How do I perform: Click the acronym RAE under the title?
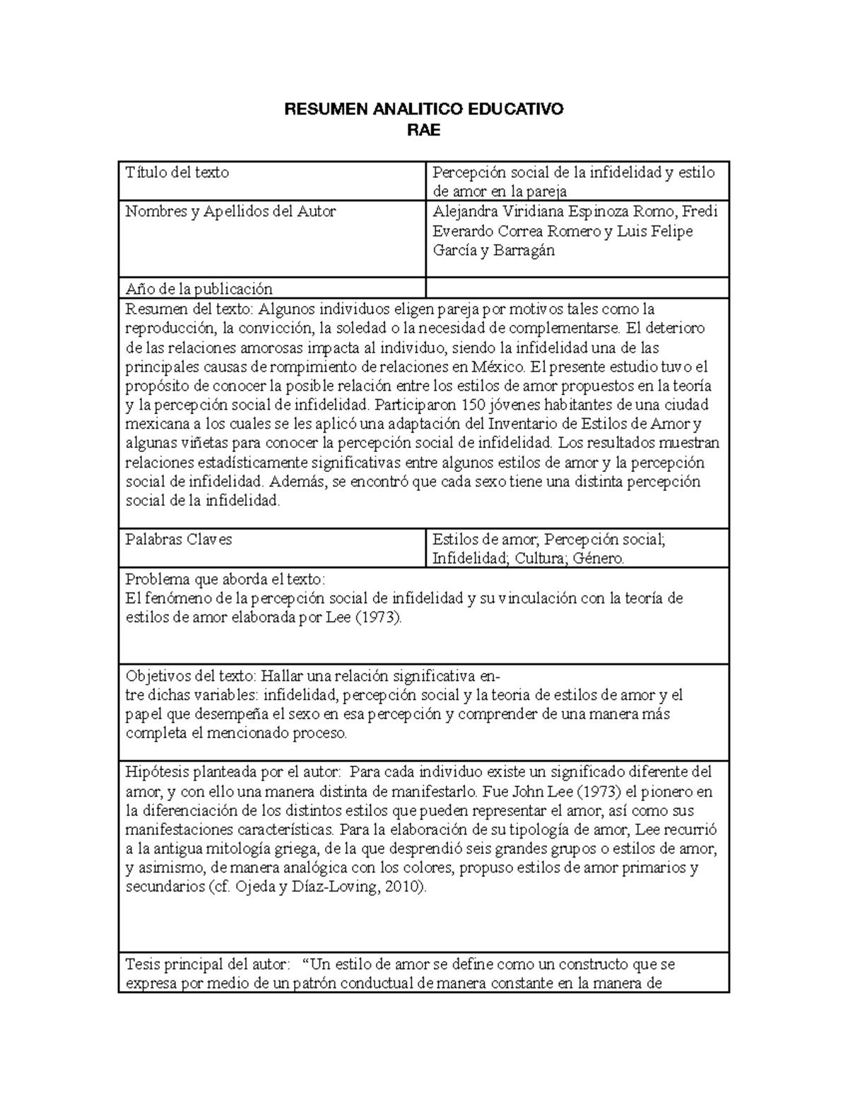pyautogui.click(x=424, y=130)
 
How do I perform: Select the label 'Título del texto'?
pyautogui.click(x=177, y=172)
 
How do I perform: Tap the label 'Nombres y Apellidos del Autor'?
pyautogui.click(x=230, y=211)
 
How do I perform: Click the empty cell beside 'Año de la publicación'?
pyautogui.click(x=577, y=288)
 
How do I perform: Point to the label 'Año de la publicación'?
pyautogui.click(x=199, y=289)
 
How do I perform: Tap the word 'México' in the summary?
pyautogui.click(x=498, y=367)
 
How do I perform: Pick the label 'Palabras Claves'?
pyautogui.click(x=179, y=540)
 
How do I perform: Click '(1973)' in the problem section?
pyautogui.click(x=377, y=617)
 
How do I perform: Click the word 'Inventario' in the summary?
pyautogui.click(x=519, y=425)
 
